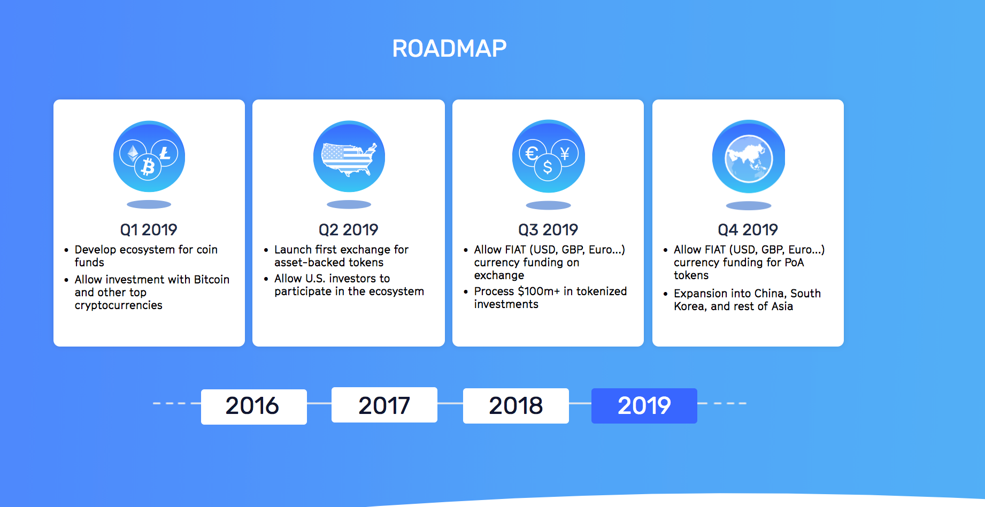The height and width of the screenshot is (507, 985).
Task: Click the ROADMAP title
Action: pos(449,49)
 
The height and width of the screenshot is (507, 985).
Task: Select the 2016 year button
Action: pos(254,406)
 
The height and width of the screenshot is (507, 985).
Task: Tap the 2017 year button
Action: pos(384,405)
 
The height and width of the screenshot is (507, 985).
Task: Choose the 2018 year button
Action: pos(516,406)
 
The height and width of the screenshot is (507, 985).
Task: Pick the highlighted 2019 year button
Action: pos(644,406)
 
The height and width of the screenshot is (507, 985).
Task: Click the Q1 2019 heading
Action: pos(149,230)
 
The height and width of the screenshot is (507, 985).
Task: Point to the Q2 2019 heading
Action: pos(349,230)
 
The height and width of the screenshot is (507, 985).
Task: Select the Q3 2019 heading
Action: pos(548,230)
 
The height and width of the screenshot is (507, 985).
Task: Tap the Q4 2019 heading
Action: pos(748,230)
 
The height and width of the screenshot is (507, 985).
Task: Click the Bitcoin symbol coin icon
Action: pos(148,167)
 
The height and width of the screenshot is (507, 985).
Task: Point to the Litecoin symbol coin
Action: pos(165,153)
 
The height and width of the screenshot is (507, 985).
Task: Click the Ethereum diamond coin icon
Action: pos(133,153)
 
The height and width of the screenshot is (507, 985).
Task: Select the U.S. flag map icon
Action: pos(349,159)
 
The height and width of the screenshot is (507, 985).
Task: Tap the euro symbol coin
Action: pos(532,153)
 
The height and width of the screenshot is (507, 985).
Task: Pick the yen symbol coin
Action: pos(565,153)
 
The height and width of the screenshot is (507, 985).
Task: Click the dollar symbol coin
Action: pos(548,167)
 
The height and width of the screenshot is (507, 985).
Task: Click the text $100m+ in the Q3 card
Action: pos(539,291)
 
